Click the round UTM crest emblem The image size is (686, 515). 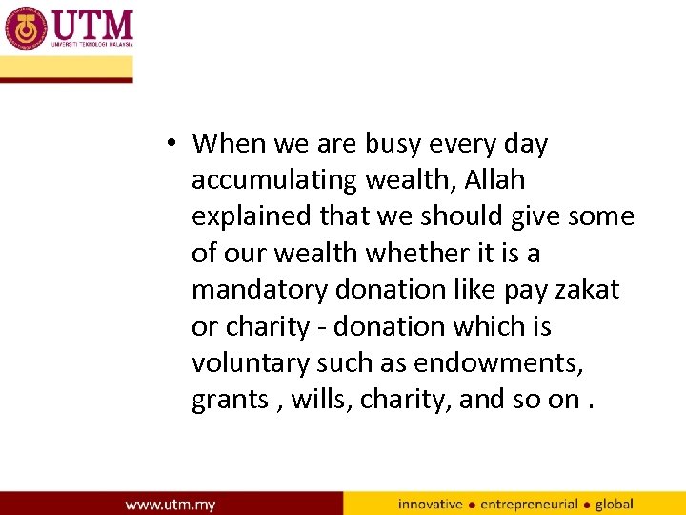coord(26,29)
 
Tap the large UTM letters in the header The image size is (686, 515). coord(92,24)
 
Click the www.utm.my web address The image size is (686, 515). coord(171,504)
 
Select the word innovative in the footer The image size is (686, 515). coord(430,504)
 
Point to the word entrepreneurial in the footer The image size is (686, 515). coord(529,504)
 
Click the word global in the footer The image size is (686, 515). coord(614,504)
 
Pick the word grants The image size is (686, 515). coord(230,400)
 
